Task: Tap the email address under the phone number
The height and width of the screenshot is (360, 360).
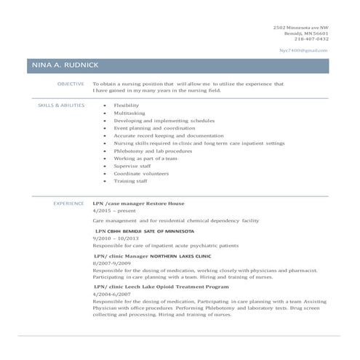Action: click(x=304, y=50)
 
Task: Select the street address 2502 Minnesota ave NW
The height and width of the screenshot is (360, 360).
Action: click(x=300, y=27)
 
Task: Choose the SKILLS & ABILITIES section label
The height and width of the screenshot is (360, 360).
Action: click(x=61, y=105)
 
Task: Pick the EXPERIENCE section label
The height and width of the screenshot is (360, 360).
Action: click(x=68, y=204)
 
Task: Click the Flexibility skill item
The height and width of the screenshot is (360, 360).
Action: click(x=127, y=105)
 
